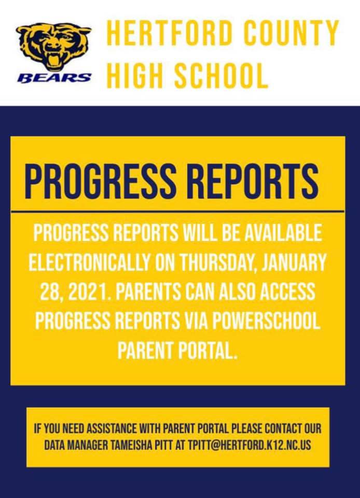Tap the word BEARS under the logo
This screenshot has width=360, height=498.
54,78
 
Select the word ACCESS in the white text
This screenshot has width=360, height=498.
284,292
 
